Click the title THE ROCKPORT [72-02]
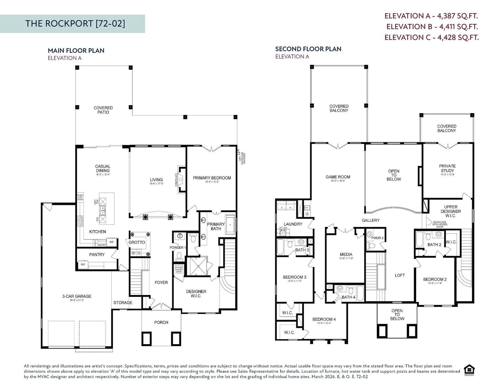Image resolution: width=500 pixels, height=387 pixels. coord(75,23)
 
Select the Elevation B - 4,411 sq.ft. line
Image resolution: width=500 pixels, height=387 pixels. coord(432,27)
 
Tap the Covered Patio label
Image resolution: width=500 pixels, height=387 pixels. coord(103,110)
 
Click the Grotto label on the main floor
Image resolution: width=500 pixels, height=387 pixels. coord(137,242)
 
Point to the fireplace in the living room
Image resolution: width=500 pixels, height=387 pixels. coord(181,180)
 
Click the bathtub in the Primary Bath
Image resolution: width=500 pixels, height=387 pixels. coord(230,225)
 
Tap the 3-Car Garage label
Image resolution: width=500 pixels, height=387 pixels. coord(77,296)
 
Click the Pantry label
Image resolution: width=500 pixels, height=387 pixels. coord(97,255)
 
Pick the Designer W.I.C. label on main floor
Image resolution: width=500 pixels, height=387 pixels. coord(196,294)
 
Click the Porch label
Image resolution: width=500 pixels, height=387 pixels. coord(161,322)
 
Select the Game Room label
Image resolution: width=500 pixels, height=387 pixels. coord(338,177)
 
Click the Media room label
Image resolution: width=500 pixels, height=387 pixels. coord(346,254)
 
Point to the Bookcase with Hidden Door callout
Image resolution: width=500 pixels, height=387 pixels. coord(439,224)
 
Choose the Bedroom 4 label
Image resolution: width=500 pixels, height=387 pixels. coord(324,320)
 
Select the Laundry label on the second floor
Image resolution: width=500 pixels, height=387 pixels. coord(293,224)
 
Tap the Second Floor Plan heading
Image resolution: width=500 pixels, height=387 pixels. coord(308,49)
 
